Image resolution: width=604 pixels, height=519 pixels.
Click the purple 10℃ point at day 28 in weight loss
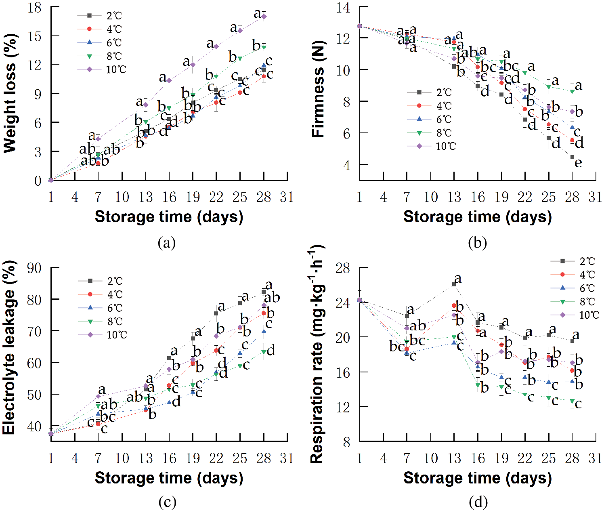pos(264,17)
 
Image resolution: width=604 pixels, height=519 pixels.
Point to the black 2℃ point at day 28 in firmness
pos(572,157)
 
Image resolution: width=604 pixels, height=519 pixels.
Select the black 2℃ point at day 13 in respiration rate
pos(454,284)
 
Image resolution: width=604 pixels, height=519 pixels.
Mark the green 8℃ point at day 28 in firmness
pos(572,92)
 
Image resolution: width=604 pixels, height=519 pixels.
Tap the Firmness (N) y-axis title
pos(319,89)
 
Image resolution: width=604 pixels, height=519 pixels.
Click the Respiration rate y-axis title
pos(317,355)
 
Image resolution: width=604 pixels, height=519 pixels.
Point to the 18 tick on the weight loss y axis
pos(35,8)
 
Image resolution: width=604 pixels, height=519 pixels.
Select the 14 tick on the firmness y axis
pos(344,8)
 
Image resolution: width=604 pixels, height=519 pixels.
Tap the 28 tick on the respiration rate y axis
pos(343,268)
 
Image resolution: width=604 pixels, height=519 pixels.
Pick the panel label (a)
pos(167,243)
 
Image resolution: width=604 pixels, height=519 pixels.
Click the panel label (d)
pos(478,502)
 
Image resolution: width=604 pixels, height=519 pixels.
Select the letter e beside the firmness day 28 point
pos(579,163)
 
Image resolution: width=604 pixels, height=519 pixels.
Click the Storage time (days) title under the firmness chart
pos(478,217)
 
